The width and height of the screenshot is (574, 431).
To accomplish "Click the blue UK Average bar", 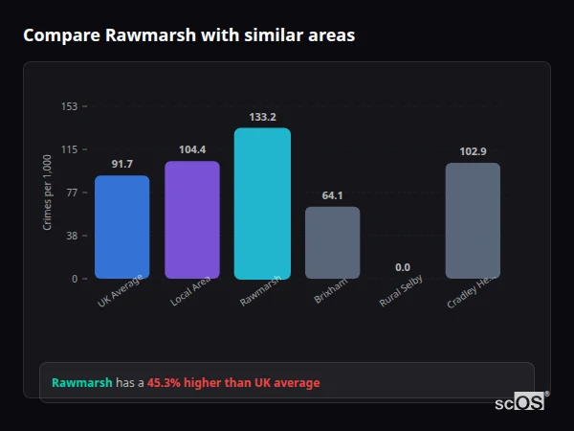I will point(121,227).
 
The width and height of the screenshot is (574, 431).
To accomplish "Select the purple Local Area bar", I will point(192,219).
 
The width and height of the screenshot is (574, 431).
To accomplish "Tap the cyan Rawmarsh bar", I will point(262,203).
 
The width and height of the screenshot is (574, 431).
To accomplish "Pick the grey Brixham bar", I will point(332,242).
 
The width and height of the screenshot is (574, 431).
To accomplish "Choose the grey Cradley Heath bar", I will point(473,220).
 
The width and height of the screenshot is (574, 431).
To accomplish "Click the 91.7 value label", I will point(121,165).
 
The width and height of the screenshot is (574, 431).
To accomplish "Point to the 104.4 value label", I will point(192,150).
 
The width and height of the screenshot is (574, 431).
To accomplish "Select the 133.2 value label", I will point(262,118).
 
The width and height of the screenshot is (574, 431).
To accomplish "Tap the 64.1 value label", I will point(332,195).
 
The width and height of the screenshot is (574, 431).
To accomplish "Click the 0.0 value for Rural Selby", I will point(403,267).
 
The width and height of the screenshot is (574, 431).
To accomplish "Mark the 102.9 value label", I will point(473,151).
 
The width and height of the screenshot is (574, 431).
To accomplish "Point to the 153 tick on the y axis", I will point(69,106).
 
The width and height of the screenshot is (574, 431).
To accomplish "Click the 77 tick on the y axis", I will point(72,193).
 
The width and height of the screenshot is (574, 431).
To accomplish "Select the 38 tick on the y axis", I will point(72,236).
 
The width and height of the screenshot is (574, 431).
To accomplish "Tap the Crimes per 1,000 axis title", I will point(48,193).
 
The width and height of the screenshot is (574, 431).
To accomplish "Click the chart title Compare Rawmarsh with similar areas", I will point(188,35).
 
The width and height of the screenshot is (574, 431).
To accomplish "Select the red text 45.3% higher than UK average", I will point(233,383).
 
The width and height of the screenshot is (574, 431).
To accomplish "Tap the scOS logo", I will point(519,402).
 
